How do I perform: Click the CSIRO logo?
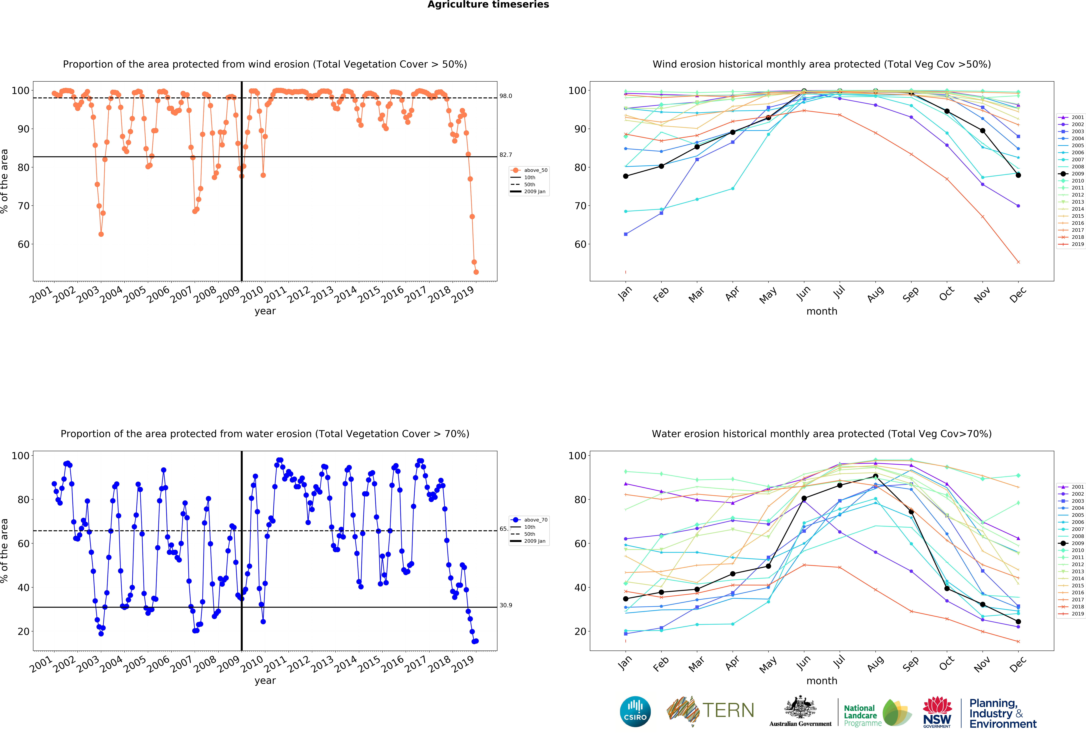coord(635,711)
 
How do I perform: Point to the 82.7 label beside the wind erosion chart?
coord(506,155)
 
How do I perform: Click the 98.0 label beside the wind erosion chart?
coord(506,96)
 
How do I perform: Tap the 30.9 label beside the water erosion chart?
coord(506,605)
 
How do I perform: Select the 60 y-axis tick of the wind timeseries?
coord(23,244)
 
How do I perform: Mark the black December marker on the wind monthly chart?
coord(1018,175)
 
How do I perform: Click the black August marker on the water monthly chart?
coord(875,476)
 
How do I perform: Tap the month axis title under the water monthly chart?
coord(821,681)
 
